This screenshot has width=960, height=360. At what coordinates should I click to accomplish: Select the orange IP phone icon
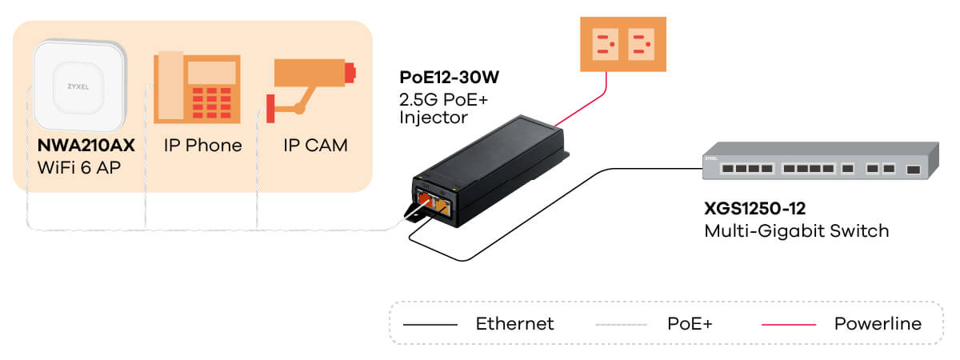(197, 87)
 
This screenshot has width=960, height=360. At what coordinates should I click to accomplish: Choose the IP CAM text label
(316, 146)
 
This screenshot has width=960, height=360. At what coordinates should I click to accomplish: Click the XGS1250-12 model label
(754, 209)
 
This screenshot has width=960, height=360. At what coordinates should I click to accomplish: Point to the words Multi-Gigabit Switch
(796, 231)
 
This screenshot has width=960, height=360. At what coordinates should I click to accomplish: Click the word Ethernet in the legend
(514, 324)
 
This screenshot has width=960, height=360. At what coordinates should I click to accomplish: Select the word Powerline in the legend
(878, 324)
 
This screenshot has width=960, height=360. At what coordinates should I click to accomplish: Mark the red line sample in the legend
(788, 325)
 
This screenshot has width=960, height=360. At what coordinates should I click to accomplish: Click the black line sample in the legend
(430, 325)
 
